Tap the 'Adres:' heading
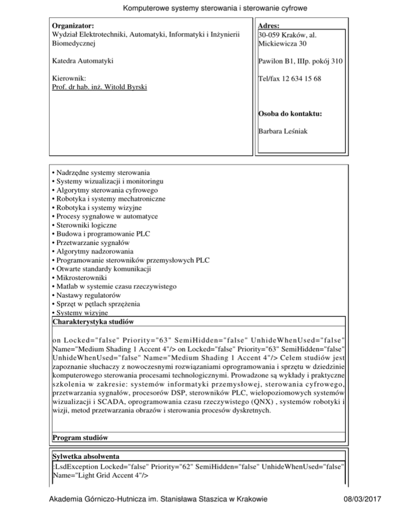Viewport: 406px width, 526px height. pos(270,25)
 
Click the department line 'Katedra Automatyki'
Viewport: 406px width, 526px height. pos(81,62)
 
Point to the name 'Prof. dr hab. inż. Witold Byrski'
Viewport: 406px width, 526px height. pos(99,87)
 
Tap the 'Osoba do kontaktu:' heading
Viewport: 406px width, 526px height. pos(290,113)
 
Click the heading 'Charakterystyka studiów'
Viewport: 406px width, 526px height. pos(93,321)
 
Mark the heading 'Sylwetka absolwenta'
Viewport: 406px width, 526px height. pos(86,456)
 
